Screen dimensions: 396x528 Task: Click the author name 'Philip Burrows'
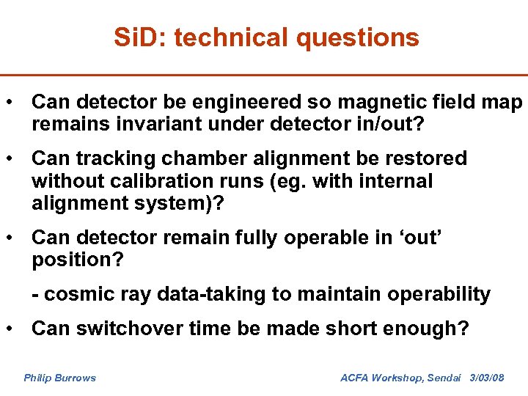pos(59,378)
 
